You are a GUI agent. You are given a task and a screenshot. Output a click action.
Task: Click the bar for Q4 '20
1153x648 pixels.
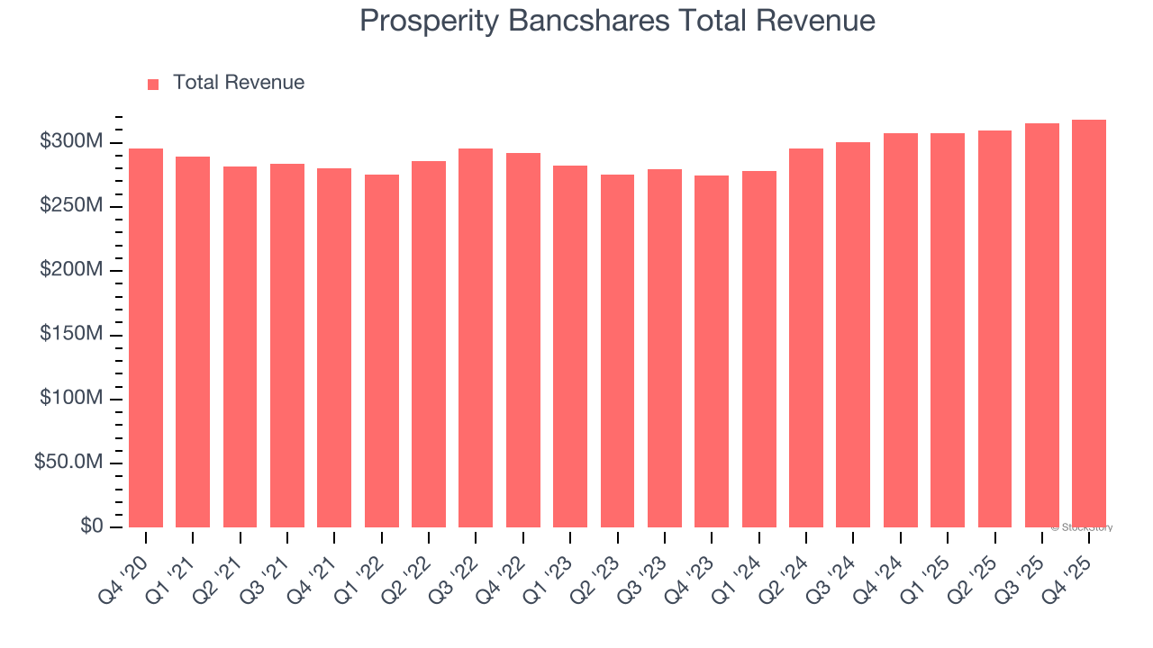(x=146, y=337)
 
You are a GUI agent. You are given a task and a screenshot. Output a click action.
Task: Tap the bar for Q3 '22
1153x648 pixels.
(x=476, y=337)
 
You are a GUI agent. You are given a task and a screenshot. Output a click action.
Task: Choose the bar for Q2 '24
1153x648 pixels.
(x=806, y=337)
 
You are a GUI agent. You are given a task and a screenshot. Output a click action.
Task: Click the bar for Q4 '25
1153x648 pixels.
(x=1089, y=324)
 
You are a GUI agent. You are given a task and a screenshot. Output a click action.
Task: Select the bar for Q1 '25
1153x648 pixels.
(x=948, y=330)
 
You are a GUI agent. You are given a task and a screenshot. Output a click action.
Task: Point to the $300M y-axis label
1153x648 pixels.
(x=71, y=142)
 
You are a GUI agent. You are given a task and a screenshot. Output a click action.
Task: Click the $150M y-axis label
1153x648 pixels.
(x=71, y=335)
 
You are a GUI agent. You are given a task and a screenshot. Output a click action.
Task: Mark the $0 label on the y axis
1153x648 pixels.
(x=92, y=526)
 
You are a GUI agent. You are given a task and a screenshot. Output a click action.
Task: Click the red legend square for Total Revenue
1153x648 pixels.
(x=153, y=84)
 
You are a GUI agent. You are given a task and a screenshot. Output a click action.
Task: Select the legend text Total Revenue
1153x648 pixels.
(x=239, y=83)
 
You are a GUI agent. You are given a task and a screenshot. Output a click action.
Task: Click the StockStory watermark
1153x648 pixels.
(x=1082, y=527)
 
